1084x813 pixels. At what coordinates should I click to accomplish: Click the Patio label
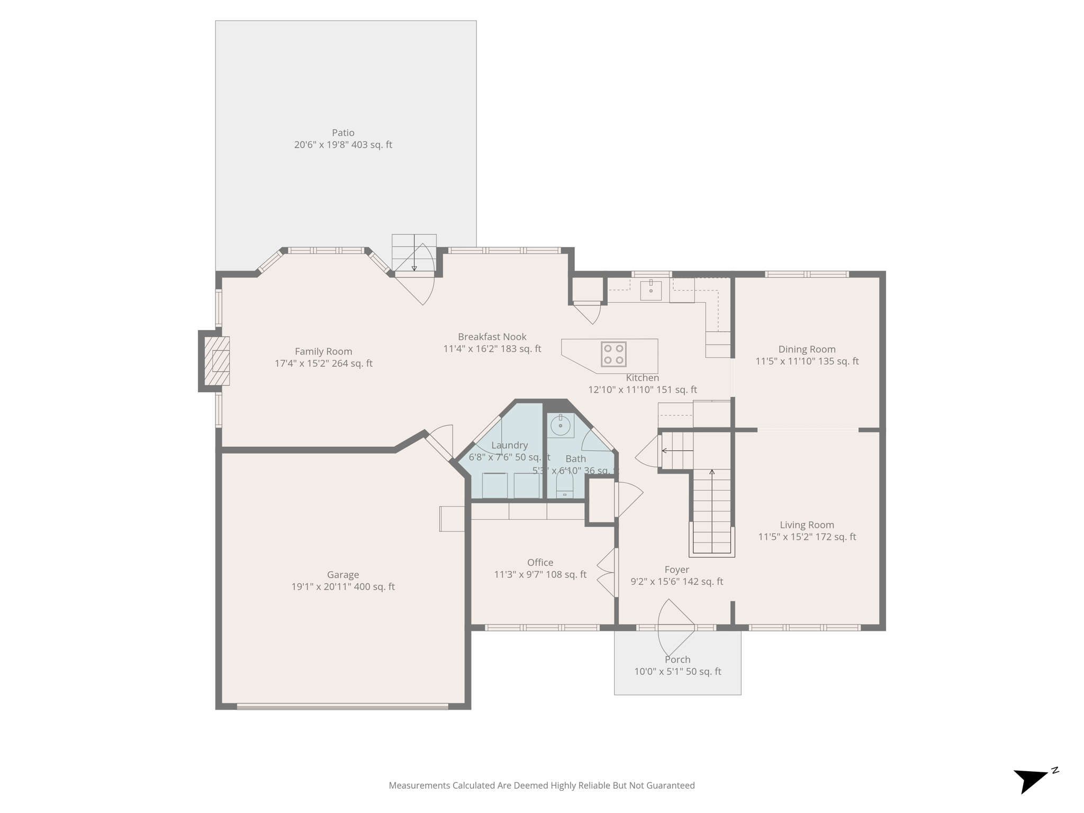click(x=343, y=133)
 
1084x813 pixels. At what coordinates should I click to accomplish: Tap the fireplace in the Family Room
click(x=218, y=361)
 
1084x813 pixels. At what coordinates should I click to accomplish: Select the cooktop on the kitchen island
click(x=613, y=354)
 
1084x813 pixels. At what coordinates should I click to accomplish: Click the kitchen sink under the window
click(x=651, y=290)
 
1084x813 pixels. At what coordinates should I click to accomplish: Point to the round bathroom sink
click(x=560, y=425)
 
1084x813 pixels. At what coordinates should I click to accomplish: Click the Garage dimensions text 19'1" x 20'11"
click(x=343, y=586)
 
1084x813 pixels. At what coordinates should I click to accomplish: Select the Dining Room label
click(x=807, y=349)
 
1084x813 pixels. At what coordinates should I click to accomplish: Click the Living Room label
click(x=807, y=525)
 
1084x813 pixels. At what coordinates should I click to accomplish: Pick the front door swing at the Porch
click(x=675, y=628)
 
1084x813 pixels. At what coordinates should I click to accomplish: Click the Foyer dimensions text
click(x=676, y=582)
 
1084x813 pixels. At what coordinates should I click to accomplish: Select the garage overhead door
click(x=342, y=706)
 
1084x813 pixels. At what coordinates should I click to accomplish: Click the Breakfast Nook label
click(x=492, y=337)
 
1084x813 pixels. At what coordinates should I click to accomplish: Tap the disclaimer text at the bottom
click(x=541, y=785)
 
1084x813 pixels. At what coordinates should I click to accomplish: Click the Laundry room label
click(x=509, y=446)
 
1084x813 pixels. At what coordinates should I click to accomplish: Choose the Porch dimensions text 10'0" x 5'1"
click(x=677, y=672)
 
